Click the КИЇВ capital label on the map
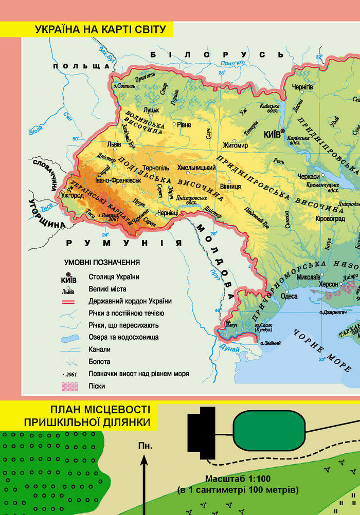coord(272,134)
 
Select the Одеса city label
coord(289,296)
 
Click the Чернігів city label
coord(302,87)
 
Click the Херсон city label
coord(330,284)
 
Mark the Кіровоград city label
coord(319,219)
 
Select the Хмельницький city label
coord(196,168)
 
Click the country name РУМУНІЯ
coord(122,243)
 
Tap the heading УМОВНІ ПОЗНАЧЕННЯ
coord(102,262)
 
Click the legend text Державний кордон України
coord(130,301)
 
